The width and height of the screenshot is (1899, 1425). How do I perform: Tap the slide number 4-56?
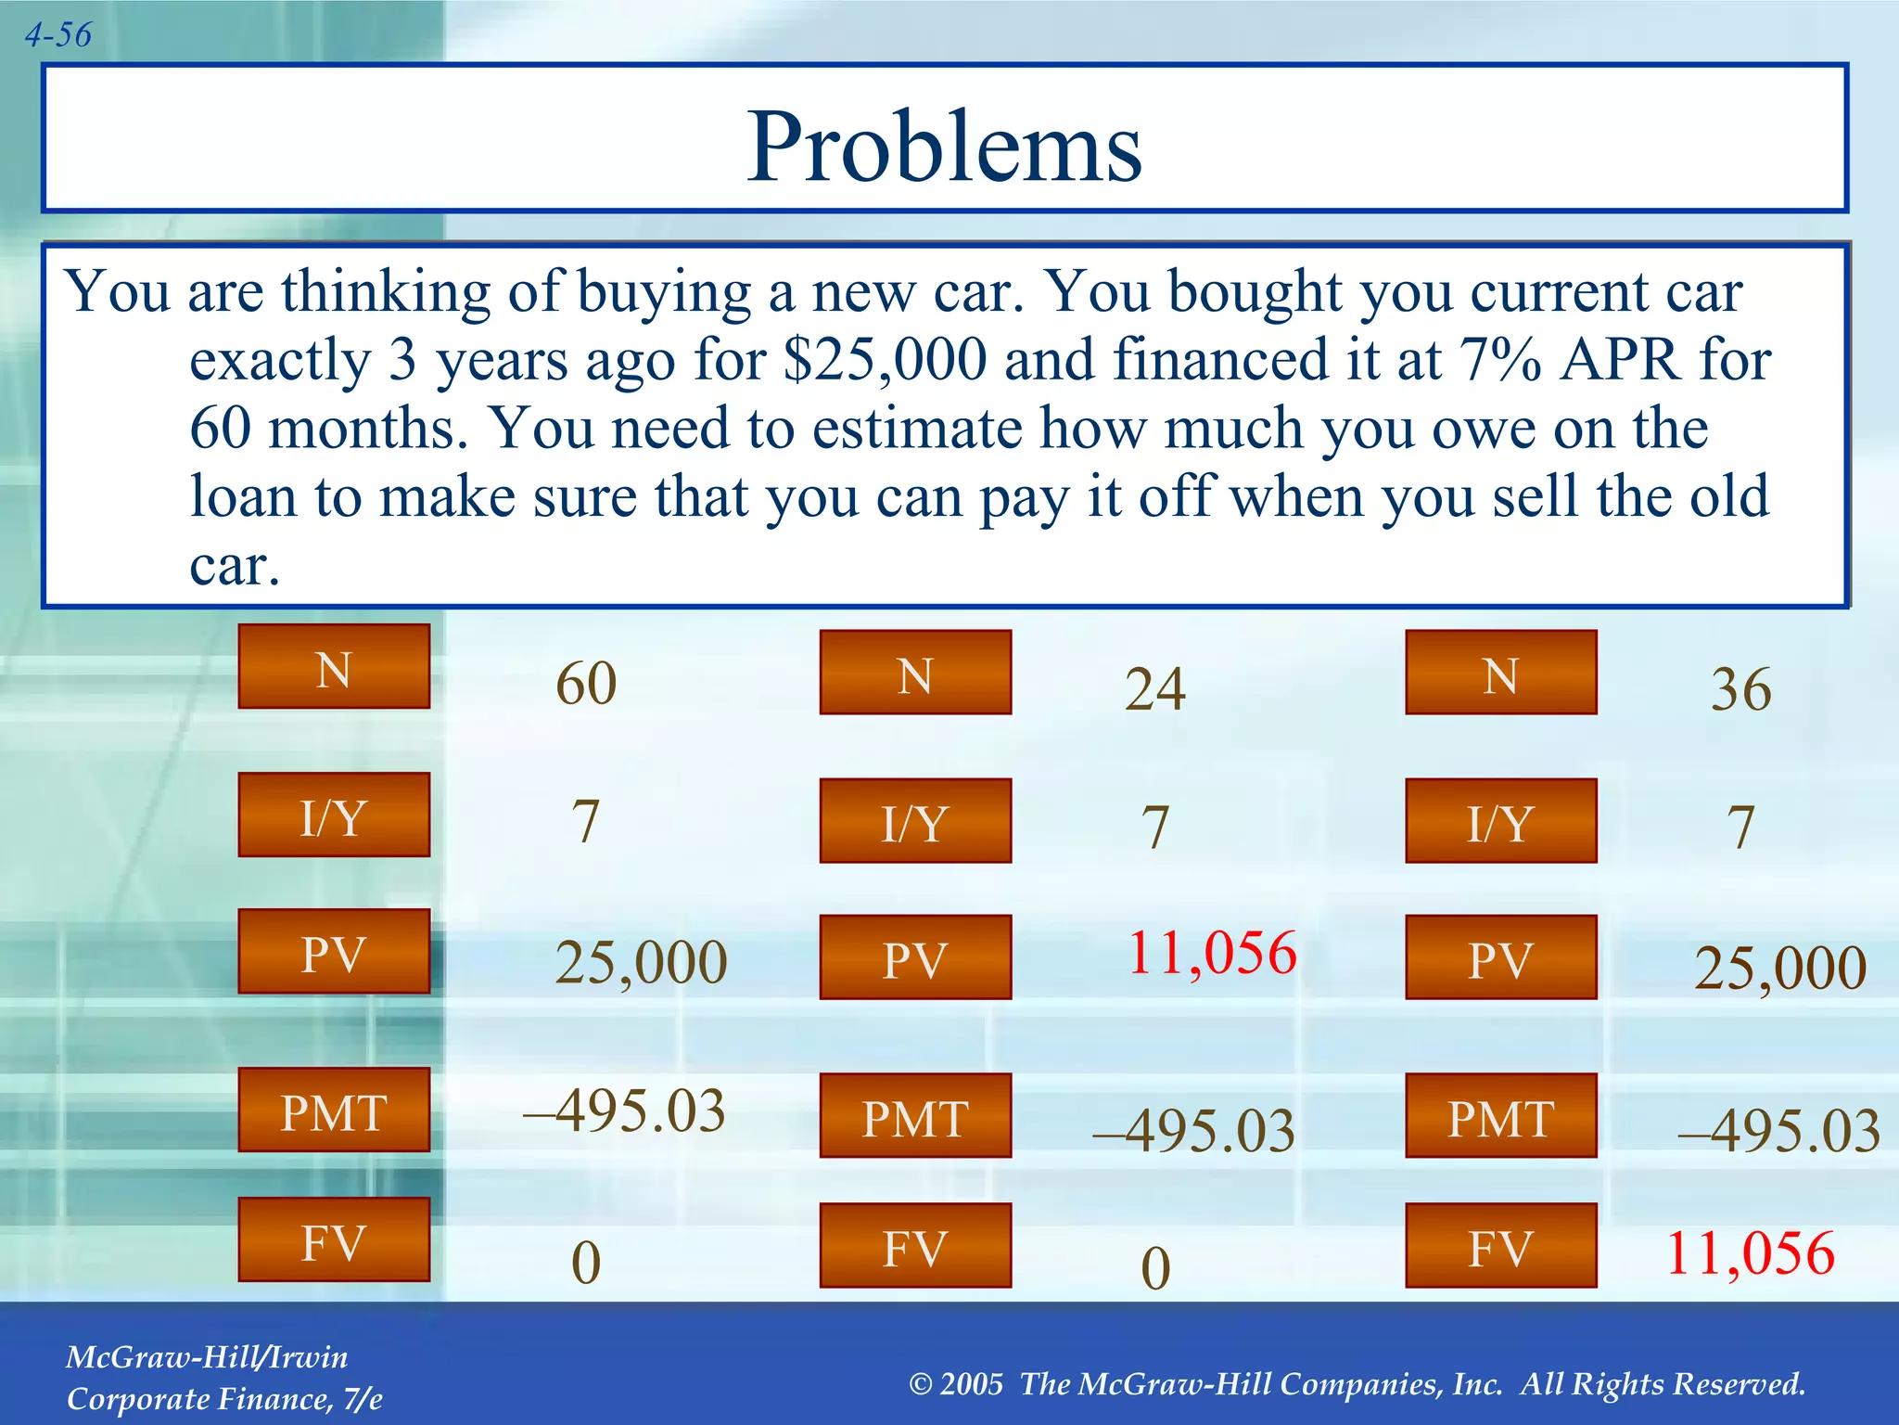57,35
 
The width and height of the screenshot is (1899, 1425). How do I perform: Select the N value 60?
586,684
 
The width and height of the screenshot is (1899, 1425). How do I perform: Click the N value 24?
1154,689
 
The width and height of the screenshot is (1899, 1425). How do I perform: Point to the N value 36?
1740,689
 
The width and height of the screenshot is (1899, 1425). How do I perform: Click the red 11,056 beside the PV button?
1211,953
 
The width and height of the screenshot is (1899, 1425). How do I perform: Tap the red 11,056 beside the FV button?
1750,1253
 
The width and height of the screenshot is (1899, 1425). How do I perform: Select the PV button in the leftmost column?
334,952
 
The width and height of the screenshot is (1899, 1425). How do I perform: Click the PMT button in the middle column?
915,1116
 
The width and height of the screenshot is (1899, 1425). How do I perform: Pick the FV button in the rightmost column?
1500,1246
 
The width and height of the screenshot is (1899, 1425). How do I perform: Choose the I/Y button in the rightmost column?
1500,821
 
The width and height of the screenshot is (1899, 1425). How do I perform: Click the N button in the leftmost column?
334,667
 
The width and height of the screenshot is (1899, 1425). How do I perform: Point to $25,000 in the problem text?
886,360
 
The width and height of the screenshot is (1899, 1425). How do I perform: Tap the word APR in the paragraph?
1619,360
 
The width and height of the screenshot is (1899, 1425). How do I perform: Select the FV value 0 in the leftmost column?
586,1263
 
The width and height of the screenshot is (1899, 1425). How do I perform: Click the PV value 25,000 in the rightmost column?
1779,968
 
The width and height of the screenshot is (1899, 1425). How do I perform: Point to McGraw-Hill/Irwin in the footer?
207,1357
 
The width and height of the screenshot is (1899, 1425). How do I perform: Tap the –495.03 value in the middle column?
1193,1131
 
